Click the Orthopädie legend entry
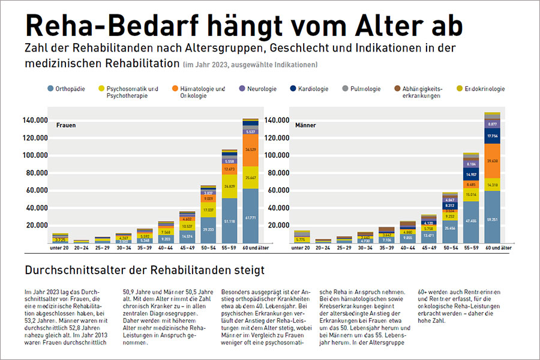click(66, 89)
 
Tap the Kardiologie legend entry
click(312, 89)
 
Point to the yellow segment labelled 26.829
click(230, 186)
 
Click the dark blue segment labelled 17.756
click(492, 136)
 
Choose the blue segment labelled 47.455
click(471, 220)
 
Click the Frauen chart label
click(65, 125)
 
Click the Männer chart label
click(305, 125)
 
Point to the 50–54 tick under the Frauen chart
click(208, 247)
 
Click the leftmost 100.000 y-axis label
click(34, 155)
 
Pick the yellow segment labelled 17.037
click(208, 211)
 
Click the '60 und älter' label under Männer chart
click(493, 247)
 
